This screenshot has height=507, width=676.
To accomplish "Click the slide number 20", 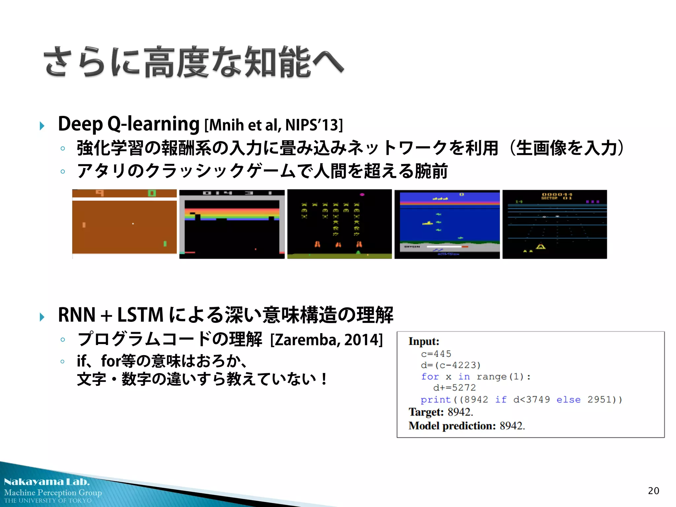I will pos(653,491).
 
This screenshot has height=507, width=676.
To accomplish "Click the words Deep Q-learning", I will pos(128,124).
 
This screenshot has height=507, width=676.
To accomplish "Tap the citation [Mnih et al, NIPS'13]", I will pos(274,125).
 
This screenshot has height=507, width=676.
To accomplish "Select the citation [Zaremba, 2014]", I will pos(326,340).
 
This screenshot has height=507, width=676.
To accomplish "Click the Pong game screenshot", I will pos(124,224).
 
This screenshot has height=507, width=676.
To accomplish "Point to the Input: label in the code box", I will pos(424,341).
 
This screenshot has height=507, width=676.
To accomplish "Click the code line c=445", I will pos(436,354).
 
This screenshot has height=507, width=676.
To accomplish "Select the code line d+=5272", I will pos(454,388).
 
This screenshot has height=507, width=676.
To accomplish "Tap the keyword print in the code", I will pos(436,400).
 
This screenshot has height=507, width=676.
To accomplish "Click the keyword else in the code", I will pos(568,400).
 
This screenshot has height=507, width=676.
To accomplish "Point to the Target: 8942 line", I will pos(441,412).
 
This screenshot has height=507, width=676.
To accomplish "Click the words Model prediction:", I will pos(452,426).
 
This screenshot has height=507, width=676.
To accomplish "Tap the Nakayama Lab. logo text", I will pos(47,482).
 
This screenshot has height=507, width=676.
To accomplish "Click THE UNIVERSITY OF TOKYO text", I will pos(48,501).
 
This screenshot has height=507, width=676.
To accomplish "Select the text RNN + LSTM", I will pos(111,315).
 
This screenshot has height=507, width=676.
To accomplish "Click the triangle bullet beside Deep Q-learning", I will pos(42,126).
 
